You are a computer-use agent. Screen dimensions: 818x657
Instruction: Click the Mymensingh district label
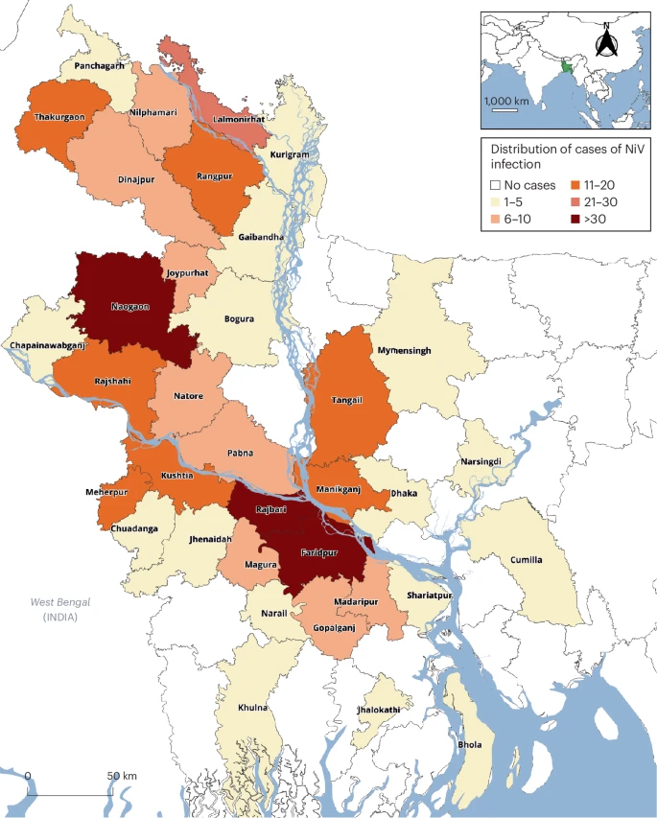click(403, 351)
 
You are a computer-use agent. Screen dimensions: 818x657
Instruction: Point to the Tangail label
click(346, 400)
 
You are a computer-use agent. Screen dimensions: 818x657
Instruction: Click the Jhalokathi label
click(375, 712)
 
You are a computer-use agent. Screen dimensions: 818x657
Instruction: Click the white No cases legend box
click(496, 185)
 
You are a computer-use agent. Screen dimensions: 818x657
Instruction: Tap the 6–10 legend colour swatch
click(496, 220)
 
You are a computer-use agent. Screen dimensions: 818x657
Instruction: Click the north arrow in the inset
click(604, 41)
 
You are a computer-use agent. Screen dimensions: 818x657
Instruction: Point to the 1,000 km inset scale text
click(506, 101)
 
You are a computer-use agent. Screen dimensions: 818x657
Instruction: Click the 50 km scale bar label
click(122, 775)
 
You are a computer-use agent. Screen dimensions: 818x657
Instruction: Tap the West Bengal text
click(59, 602)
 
